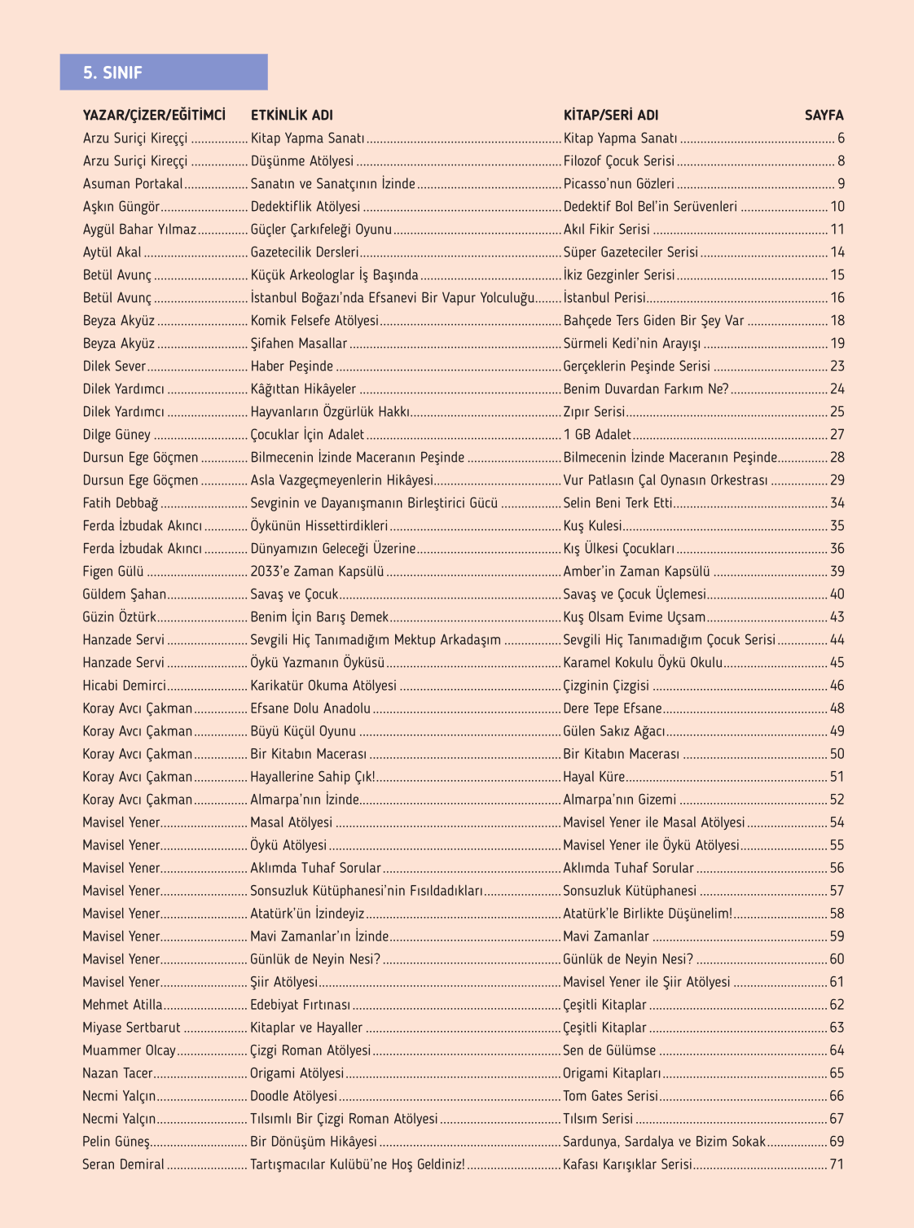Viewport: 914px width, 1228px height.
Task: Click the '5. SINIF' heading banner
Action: (163, 72)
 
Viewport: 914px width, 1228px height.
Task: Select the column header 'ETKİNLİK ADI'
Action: (292, 116)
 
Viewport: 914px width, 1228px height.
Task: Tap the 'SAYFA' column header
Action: (824, 116)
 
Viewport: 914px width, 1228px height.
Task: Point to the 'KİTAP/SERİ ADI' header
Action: (611, 116)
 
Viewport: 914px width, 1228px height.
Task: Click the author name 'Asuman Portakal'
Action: (133, 184)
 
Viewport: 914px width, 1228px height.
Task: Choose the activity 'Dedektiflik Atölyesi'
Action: (305, 207)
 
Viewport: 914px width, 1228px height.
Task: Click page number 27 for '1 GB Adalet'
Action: (837, 435)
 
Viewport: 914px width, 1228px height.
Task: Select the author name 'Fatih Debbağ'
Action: (121, 503)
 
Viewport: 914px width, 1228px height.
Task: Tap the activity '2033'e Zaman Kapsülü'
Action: (317, 572)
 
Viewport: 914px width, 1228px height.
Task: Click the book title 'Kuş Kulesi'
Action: (592, 526)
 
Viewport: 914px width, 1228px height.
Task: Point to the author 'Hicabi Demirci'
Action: (124, 686)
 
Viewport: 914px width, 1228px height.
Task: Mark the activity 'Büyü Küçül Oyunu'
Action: (303, 731)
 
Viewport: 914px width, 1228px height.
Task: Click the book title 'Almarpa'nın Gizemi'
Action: (619, 800)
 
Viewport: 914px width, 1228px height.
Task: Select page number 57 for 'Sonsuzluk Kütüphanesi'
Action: (837, 891)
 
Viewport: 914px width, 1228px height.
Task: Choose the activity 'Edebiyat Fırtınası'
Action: (300, 1005)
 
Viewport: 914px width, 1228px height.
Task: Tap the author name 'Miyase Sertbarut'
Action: (131, 1028)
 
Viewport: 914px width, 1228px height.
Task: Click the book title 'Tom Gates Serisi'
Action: (610, 1096)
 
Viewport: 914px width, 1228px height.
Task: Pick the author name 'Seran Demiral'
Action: (123, 1164)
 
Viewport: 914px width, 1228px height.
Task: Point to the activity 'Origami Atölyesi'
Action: (297, 1073)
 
